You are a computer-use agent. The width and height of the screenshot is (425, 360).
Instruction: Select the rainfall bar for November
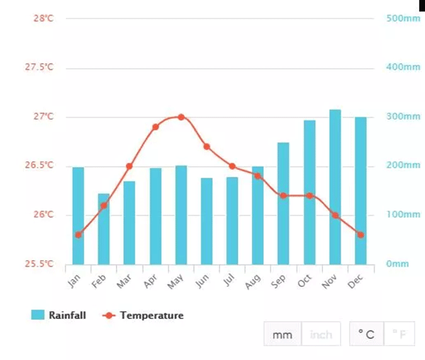(335, 187)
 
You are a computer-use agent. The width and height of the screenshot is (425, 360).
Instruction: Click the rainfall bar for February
(104, 229)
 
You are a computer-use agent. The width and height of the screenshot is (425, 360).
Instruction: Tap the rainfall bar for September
(283, 203)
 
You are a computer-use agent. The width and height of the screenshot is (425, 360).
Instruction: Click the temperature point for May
(181, 117)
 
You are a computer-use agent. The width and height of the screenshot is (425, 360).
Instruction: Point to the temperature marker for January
(78, 235)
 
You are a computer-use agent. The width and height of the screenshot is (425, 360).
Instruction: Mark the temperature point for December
(361, 235)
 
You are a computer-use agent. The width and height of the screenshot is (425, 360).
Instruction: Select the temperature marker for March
(129, 167)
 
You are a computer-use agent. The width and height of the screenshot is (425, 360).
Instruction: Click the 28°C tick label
(43, 18)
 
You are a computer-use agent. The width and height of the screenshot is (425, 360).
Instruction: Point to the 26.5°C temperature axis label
(40, 166)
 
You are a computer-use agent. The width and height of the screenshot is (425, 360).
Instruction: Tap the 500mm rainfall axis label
(403, 18)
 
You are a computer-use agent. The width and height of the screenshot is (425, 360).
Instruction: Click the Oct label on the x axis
(305, 281)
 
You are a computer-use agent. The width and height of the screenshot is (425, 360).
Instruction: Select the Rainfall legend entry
(59, 315)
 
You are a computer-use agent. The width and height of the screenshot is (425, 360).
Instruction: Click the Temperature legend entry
(143, 315)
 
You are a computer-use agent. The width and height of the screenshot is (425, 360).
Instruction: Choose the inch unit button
(321, 334)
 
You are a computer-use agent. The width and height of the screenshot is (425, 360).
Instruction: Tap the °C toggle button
(366, 334)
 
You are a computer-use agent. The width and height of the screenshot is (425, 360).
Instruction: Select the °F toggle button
(399, 334)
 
